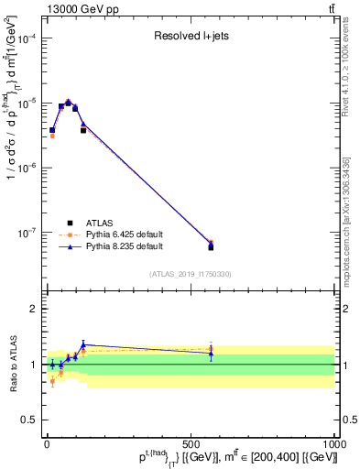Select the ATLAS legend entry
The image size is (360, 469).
point(100,222)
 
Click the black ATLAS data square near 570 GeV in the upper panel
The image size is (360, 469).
point(211,247)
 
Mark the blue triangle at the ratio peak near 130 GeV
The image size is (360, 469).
point(83,344)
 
